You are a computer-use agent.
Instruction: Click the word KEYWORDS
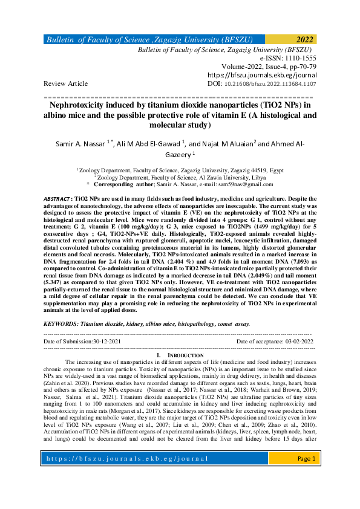click(61, 324)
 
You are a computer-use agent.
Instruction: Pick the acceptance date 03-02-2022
click(296, 342)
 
